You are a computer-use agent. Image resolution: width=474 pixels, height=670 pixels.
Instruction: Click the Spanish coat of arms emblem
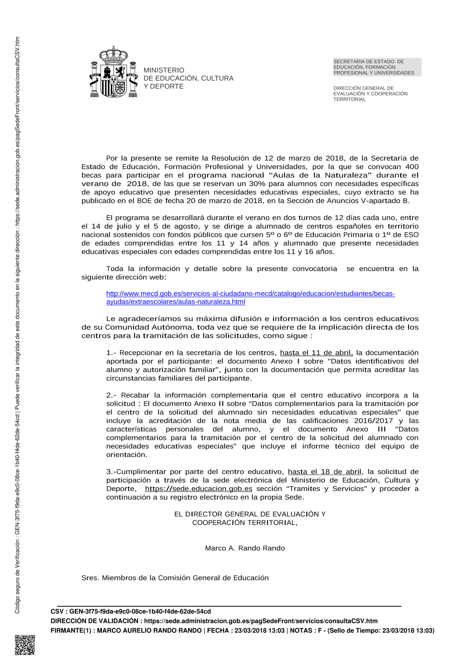pos(114,72)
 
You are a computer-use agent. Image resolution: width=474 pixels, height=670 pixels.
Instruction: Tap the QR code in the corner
pos(25,645)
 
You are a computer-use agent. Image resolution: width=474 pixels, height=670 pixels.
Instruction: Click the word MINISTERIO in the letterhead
pos(164,70)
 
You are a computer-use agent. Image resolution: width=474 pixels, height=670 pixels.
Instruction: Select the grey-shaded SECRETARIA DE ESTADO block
pos(377,67)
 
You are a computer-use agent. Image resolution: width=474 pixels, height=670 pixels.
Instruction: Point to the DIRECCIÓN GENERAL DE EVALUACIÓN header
pos(370,94)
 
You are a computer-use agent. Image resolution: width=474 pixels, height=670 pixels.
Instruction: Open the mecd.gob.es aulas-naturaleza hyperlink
pos(250,297)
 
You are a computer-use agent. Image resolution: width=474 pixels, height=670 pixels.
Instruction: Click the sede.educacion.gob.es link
pos(199,489)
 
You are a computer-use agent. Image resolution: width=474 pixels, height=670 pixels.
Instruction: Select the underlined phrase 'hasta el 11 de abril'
pos(316,353)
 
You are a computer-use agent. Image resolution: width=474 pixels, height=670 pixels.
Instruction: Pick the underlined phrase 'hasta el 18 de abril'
pos(325,472)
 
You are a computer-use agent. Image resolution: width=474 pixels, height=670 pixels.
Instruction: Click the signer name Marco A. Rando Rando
pos(245,548)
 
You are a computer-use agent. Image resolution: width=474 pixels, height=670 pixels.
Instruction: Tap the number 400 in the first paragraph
pos(412,167)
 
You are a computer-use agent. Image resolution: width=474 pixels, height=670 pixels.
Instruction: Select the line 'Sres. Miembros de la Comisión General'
pos(175,578)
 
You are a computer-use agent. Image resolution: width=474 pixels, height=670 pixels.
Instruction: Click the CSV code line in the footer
pos(131,612)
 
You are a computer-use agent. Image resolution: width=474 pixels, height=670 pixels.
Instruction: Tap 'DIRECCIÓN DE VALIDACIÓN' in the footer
pos(95,621)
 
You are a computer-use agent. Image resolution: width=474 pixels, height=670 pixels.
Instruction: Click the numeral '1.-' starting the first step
pos(111,353)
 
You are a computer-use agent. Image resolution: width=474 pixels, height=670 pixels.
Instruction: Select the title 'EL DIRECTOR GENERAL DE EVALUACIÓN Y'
pos(250,514)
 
